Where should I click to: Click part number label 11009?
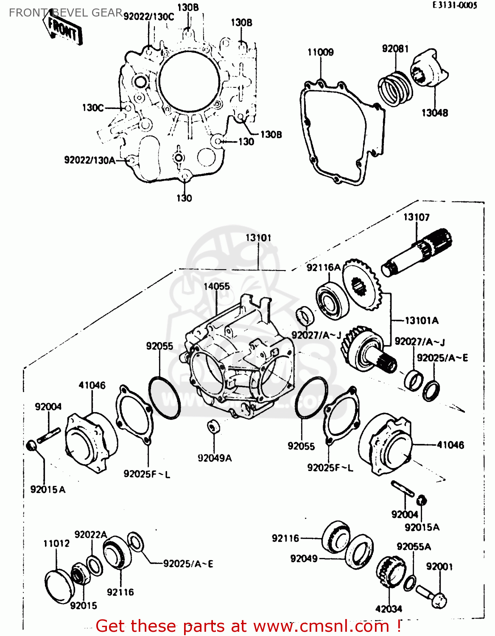(320, 52)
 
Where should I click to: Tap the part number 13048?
(434, 113)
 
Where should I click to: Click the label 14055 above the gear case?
(216, 286)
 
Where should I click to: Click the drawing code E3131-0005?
(455, 5)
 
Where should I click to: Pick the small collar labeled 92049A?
(213, 426)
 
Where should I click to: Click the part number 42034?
(389, 609)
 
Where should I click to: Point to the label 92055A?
(414, 547)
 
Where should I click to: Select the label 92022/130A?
(89, 160)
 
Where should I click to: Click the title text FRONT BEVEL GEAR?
(66, 13)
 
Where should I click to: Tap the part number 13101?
(258, 237)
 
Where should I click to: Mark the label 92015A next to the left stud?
(48, 490)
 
